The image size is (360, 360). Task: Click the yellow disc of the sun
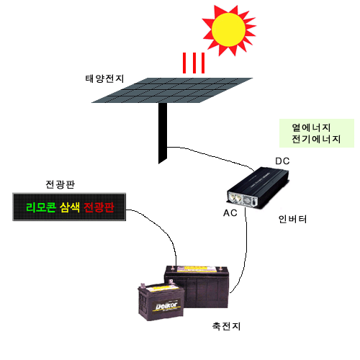click(228, 30)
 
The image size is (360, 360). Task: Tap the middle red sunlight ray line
click(194, 63)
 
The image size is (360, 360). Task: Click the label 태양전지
click(104, 78)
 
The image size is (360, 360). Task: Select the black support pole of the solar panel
click(163, 132)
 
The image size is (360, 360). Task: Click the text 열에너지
click(311, 127)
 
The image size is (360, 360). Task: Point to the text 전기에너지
click(316, 139)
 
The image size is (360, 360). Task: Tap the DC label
click(282, 161)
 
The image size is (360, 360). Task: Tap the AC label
click(230, 213)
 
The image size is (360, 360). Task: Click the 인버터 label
click(292, 219)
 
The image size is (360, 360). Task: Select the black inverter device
click(258, 188)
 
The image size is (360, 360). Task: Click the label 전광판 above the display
click(60, 184)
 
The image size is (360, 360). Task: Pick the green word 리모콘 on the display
click(41, 207)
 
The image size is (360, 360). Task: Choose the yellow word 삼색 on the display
click(70, 207)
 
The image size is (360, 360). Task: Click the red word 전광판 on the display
click(99, 207)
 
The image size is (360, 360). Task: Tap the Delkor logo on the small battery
click(166, 306)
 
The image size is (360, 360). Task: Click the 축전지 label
click(226, 326)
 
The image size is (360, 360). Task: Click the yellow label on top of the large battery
click(197, 269)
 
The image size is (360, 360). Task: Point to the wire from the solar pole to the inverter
click(211, 156)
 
